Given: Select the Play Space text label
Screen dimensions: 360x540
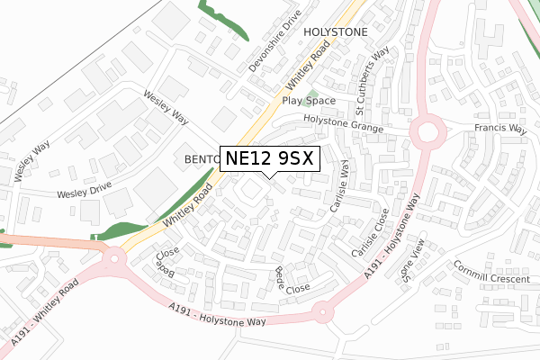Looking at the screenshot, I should click(x=309, y=101).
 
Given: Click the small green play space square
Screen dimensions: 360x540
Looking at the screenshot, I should click(x=312, y=94).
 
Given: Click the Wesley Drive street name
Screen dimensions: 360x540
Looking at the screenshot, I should click(x=84, y=193).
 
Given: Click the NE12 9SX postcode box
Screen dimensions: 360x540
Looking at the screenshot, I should click(x=268, y=158).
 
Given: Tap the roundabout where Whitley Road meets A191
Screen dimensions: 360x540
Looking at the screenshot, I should click(x=114, y=261).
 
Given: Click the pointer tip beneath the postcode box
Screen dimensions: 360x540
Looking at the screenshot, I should click(x=268, y=176).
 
